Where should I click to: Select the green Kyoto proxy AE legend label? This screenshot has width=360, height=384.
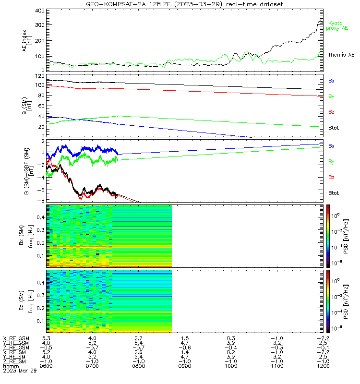point(337,26)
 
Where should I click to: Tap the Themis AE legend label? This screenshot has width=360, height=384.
point(341,55)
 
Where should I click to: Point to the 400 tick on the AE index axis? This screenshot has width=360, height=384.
point(40,11)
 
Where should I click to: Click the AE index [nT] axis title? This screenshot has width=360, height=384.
point(27,41)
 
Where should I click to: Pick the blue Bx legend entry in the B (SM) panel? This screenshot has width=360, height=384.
point(331,81)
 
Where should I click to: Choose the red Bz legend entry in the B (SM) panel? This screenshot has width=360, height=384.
point(331,112)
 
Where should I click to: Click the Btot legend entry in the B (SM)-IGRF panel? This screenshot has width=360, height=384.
point(333,193)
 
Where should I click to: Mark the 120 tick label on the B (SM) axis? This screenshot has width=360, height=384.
point(40,76)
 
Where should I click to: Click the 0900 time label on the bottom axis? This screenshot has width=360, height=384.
point(185,366)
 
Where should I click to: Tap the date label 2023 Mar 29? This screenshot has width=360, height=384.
point(20,371)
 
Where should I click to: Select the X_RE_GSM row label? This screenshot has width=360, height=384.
point(16,339)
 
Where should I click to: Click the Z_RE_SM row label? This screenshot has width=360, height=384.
point(14,361)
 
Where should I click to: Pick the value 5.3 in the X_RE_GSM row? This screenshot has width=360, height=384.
point(46,339)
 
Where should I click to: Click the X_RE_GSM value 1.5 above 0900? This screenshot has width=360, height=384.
point(185,339)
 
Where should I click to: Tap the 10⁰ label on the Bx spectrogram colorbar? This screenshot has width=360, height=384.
point(335,216)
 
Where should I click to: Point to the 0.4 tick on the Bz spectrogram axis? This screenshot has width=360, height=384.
point(41,283)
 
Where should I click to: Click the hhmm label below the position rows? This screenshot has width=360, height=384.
point(11,366)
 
